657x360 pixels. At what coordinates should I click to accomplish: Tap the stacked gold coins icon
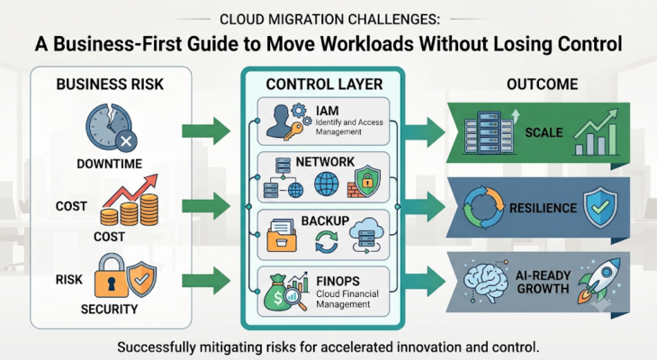click(130, 210)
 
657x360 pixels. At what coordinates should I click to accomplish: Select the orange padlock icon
click(111, 275)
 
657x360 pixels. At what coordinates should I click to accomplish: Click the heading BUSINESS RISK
click(110, 85)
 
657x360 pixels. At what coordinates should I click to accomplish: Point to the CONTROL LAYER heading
click(324, 85)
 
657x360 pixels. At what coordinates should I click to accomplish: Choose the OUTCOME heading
click(542, 85)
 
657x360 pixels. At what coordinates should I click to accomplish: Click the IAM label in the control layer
click(328, 111)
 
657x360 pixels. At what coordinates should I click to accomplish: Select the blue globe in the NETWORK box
click(327, 184)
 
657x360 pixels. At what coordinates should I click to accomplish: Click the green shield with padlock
click(367, 181)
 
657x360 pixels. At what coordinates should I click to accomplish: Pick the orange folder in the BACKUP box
click(282, 236)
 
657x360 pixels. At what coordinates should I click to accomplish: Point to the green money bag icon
click(277, 293)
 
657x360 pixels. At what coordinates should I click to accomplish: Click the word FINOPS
click(338, 281)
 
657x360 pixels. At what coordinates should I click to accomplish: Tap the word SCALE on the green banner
click(544, 132)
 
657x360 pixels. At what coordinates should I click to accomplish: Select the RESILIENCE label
click(543, 208)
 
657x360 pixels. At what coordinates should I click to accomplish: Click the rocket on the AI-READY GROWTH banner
click(599, 280)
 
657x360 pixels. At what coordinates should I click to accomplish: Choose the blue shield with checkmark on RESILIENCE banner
click(600, 208)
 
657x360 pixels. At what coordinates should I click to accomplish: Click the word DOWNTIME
click(110, 164)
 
